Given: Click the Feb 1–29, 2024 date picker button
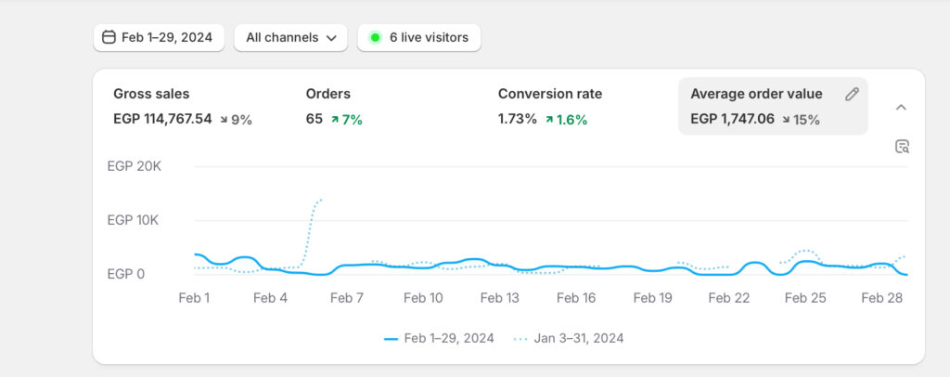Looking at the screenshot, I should point(158,38).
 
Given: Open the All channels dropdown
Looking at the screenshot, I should point(290,38).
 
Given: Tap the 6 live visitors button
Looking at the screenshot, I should point(418,38).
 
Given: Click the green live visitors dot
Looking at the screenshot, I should point(375,38).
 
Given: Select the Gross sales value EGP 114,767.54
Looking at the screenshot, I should point(162,120).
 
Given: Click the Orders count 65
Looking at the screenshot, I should point(315,120).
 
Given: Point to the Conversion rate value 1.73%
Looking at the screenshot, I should point(517,120).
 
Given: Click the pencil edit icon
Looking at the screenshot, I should point(852,94).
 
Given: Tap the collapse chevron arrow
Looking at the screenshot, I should point(900,107).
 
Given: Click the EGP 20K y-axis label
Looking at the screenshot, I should point(135,167).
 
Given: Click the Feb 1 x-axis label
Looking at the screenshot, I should point(194,298).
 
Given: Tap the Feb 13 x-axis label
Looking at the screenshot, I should point(499,298).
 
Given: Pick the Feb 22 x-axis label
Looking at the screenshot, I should point(728,298).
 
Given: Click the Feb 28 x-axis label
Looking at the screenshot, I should point(881,298).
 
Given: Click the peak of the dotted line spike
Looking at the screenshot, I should point(321,199).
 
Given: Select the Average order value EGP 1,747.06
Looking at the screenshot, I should point(733,120).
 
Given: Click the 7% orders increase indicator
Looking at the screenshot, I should point(346,120).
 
